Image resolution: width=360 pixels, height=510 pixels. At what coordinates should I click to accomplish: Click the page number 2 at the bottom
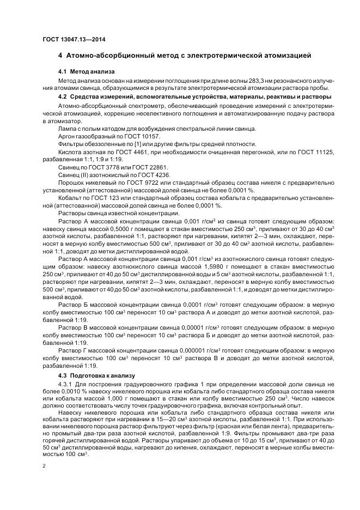[x=45, y=466]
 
